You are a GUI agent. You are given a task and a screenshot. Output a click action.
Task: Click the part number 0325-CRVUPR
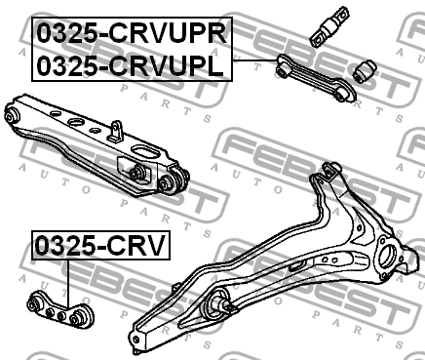coord(132,33)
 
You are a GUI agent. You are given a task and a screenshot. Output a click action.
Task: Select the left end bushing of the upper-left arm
coord(13,116)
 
